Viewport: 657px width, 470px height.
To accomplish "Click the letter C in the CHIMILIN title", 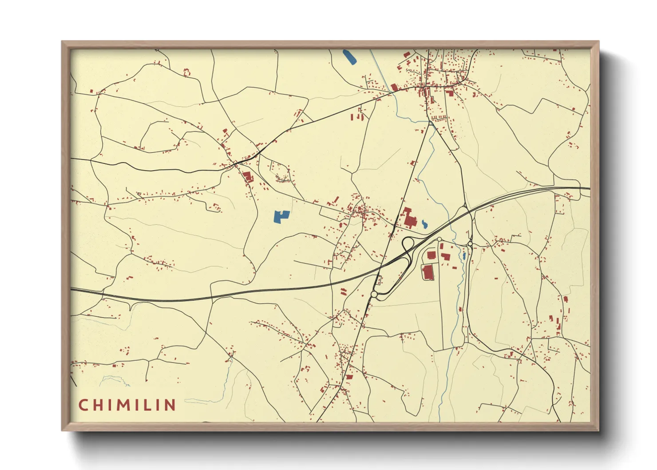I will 83,405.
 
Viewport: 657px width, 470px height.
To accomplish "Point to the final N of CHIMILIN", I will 169,405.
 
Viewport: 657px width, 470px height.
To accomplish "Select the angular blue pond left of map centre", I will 281,217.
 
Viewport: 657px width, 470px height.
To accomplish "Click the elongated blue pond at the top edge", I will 349,57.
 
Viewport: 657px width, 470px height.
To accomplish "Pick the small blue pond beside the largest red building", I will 425,224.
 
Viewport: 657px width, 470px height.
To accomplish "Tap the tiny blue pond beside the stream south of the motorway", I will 464,256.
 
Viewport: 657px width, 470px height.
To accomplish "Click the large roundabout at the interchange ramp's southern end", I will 374,294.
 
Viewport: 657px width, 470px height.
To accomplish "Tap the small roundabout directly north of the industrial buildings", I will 439,239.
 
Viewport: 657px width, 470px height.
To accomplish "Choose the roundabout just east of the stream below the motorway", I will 470,243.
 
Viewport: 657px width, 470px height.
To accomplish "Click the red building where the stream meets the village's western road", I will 394,88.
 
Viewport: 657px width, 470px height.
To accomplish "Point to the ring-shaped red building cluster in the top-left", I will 187,72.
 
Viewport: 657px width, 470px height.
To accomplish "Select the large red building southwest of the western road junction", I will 247,176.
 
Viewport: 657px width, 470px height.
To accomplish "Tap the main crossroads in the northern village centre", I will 427,84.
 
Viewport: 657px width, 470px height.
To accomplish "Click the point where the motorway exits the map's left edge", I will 71,289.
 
